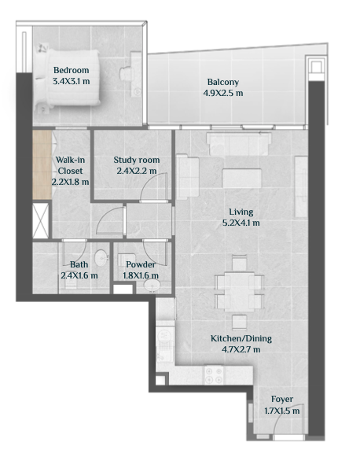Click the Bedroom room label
[x=72, y=70]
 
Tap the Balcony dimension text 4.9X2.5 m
[x=223, y=94]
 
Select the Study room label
[x=137, y=160]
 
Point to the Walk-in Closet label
[x=70, y=165]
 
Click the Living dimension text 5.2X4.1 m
[x=241, y=223]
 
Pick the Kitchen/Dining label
[x=241, y=338]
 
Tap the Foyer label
[x=282, y=399]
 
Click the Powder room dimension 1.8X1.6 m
[x=141, y=276]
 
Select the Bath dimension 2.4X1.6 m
[x=79, y=276]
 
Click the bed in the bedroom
[x=68, y=78]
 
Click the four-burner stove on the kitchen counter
[x=214, y=375]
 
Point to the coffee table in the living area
[x=242, y=179]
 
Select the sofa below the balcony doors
[x=239, y=143]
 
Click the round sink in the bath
[x=101, y=257]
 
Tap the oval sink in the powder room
[x=152, y=286]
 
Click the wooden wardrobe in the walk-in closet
[x=42, y=164]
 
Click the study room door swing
[x=153, y=186]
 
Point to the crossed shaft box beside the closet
[x=40, y=220]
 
